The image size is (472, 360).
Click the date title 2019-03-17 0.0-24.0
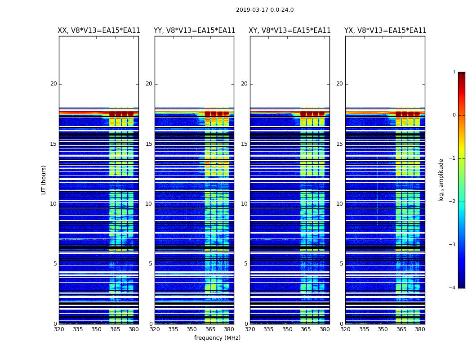(x=265, y=10)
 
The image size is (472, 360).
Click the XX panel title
(x=99, y=31)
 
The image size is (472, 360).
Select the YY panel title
(x=194, y=31)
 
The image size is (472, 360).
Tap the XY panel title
(x=290, y=31)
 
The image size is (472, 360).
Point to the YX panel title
(x=385, y=31)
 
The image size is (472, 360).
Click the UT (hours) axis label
(x=44, y=180)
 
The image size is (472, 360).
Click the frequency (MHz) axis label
(x=217, y=338)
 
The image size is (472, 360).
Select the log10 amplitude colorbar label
(x=441, y=180)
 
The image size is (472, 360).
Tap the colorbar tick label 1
(x=454, y=72)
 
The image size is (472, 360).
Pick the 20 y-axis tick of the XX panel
(x=53, y=84)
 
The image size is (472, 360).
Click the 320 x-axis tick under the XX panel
(x=59, y=329)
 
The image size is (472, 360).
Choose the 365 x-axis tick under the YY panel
(x=210, y=329)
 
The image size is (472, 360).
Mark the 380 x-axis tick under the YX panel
(x=420, y=329)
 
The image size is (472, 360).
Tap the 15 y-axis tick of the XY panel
(x=244, y=144)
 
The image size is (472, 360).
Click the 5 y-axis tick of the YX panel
(x=341, y=264)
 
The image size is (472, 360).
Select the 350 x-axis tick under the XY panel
(x=287, y=329)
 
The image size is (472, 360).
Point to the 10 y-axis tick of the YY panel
(x=149, y=204)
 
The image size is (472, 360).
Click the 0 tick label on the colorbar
(x=454, y=115)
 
